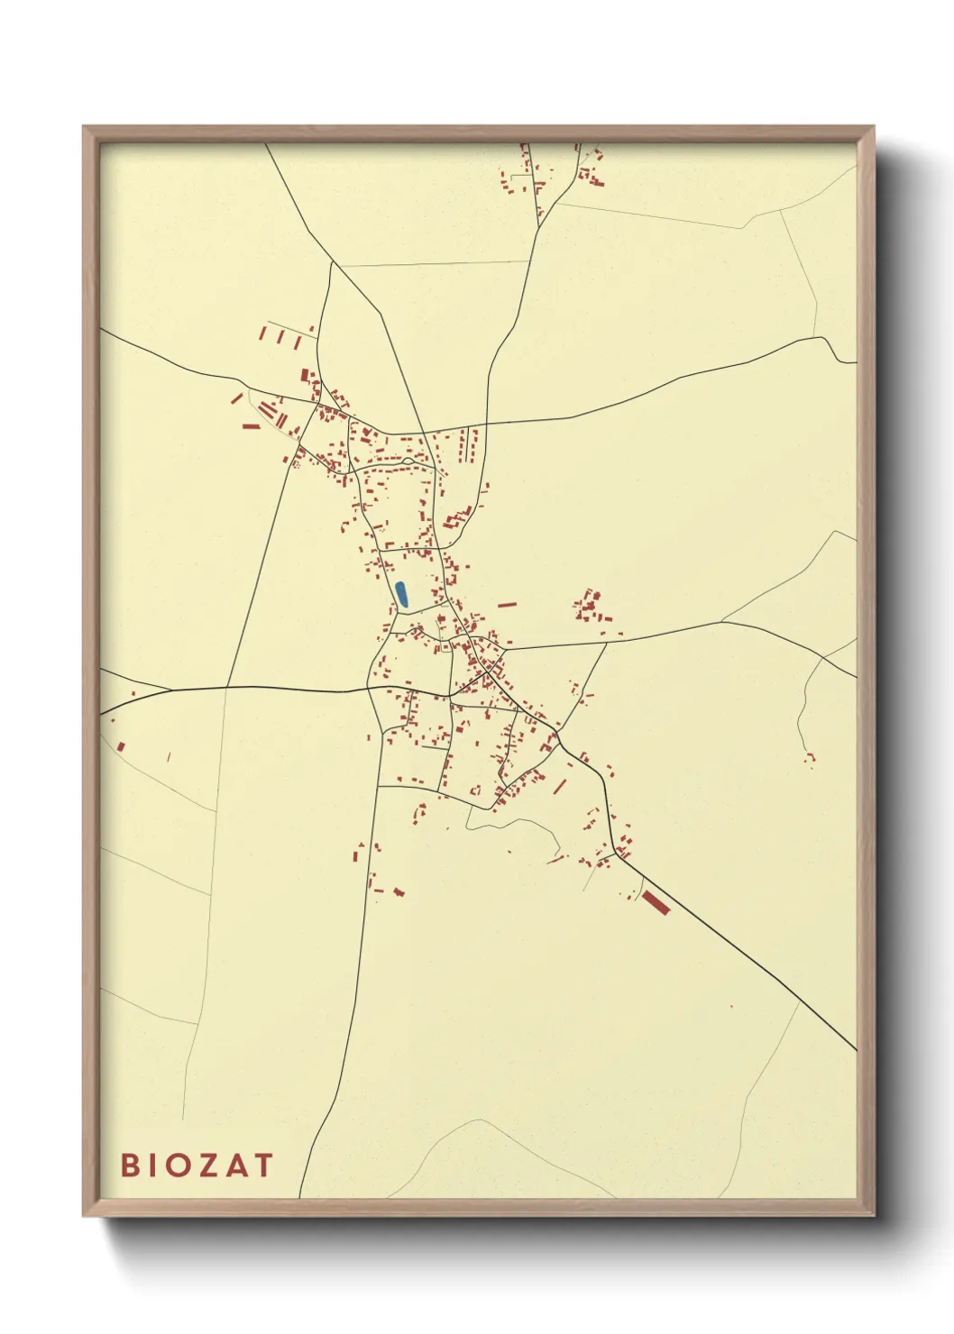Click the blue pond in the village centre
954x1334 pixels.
401,594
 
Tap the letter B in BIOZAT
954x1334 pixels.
131,1165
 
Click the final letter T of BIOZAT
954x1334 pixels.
263,1165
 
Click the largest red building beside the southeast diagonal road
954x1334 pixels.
656,901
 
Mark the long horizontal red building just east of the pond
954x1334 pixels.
508,605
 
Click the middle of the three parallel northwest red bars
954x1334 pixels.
280,337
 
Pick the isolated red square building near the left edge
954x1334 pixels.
119,745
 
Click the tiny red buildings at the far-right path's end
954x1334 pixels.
809,759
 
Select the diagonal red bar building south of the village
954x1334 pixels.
559,787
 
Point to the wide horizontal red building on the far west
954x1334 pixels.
251,425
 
